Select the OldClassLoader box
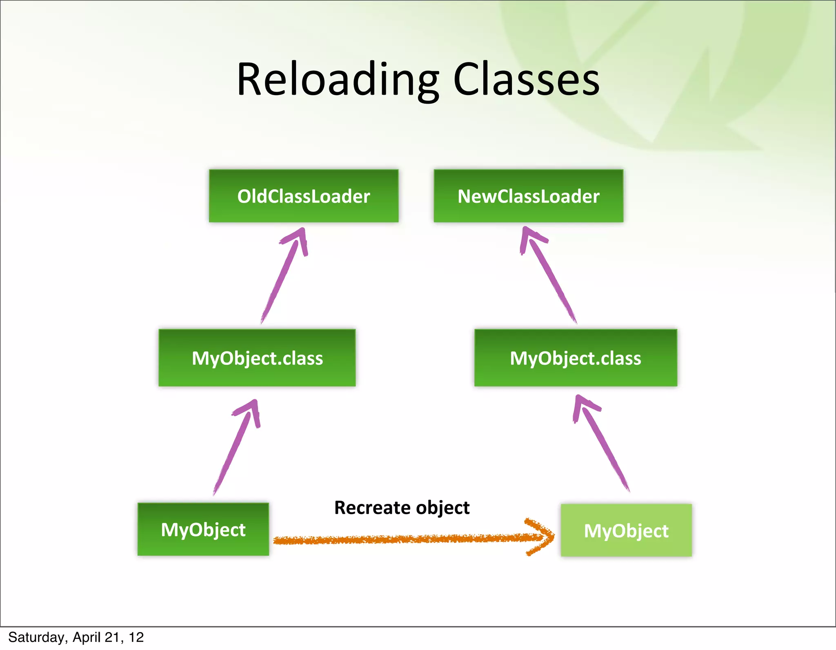[x=303, y=196]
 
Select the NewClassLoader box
[x=528, y=196]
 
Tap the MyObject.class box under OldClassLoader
[x=257, y=358]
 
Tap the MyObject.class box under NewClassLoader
[x=575, y=358]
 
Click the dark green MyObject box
[x=203, y=529]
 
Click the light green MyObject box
[x=626, y=530]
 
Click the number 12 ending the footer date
[x=136, y=637]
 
